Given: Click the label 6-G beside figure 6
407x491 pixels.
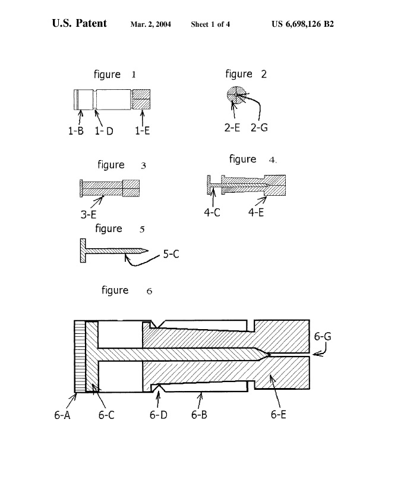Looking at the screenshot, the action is (322, 336).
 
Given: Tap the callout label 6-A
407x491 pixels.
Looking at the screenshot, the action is (62, 415).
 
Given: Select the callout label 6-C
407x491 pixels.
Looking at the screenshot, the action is (106, 415).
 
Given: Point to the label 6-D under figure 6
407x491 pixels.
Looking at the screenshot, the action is (158, 415).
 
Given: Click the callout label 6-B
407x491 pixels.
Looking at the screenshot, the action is (199, 415).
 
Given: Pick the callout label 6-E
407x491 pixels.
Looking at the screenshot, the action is (278, 415).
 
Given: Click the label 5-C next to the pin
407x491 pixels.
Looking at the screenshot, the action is (171, 254).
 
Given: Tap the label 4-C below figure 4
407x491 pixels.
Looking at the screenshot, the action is (212, 212).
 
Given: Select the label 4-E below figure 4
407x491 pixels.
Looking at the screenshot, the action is (256, 212).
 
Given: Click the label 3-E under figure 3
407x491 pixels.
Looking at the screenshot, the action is (89, 214).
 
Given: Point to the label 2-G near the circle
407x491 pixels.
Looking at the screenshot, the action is (259, 127).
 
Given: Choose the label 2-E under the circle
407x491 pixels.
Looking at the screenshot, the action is (232, 127).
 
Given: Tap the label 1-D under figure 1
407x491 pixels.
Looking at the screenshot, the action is (104, 131).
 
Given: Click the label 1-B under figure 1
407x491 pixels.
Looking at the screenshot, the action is (76, 130).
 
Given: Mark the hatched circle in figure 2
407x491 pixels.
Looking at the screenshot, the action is (236, 94).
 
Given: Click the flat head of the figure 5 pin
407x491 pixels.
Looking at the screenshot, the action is (83, 251).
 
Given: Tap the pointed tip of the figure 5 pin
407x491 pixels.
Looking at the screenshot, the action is (148, 251).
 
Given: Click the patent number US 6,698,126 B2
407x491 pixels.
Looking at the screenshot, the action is (302, 24).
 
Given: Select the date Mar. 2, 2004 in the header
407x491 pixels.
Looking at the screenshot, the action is (151, 24).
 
